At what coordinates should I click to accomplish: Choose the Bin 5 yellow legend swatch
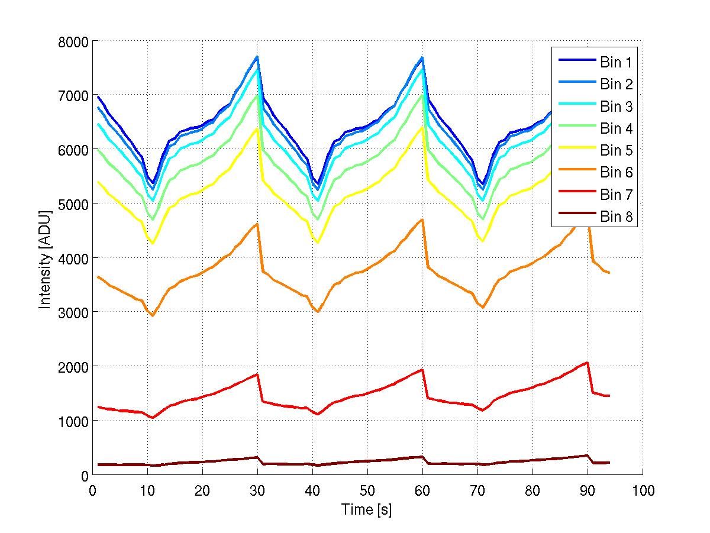pyautogui.click(x=575, y=151)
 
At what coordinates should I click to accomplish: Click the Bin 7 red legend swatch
pyautogui.click(x=575, y=195)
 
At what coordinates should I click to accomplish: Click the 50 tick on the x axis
pyautogui.click(x=367, y=490)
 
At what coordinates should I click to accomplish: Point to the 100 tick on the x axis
pyautogui.click(x=643, y=490)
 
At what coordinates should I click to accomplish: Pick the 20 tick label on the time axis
pyautogui.click(x=202, y=490)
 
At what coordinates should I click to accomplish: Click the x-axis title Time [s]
pyautogui.click(x=367, y=509)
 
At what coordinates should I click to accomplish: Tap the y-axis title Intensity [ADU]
pyautogui.click(x=44, y=259)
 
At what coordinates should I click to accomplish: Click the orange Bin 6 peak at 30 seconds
pyautogui.click(x=257, y=224)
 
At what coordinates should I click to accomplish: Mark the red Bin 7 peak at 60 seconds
pyautogui.click(x=422, y=370)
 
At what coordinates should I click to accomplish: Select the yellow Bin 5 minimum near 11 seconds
pyautogui.click(x=153, y=243)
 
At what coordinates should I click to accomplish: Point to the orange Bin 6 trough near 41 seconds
pyautogui.click(x=318, y=311)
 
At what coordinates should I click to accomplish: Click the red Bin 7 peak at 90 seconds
pyautogui.click(x=587, y=363)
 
